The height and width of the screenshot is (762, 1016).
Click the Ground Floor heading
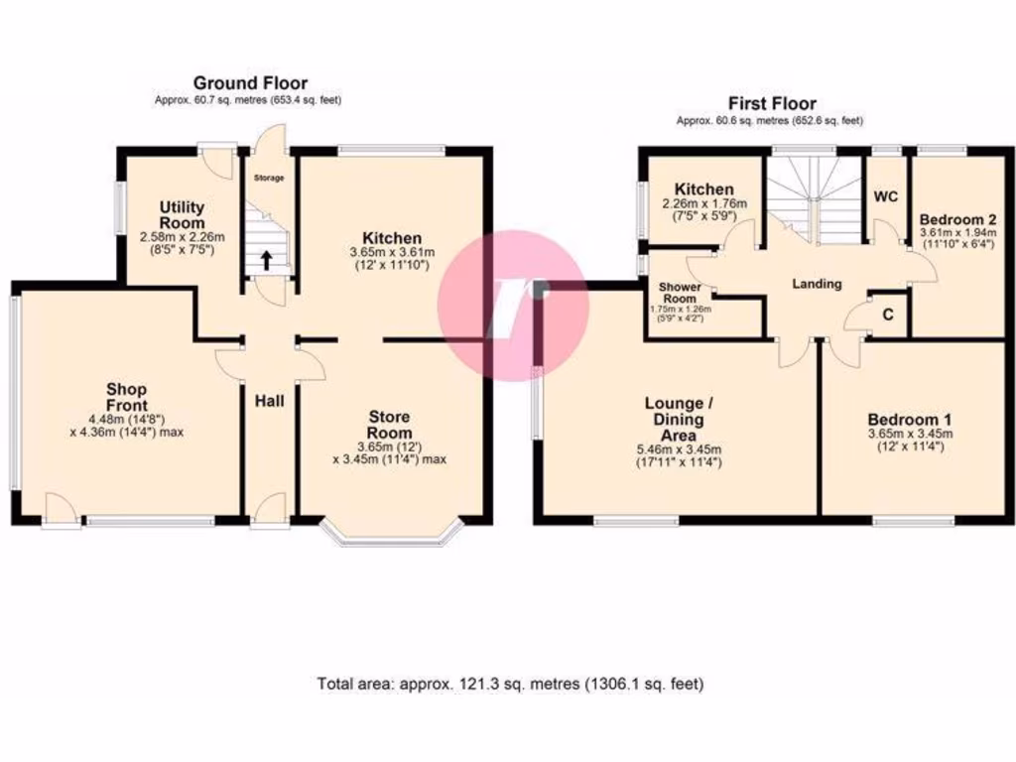(250, 83)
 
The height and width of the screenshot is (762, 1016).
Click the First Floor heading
(772, 103)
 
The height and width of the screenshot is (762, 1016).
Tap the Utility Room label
(183, 214)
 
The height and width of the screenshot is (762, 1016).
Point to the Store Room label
(389, 424)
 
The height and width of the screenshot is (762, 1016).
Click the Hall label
(270, 401)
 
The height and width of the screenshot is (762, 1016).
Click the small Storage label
(268, 179)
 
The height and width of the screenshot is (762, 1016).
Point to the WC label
(885, 196)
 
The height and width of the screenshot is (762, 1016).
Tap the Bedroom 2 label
(957, 218)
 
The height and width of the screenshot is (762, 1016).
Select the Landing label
(817, 284)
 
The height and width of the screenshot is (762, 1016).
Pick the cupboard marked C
(888, 315)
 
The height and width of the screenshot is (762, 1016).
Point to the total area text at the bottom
(510, 684)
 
